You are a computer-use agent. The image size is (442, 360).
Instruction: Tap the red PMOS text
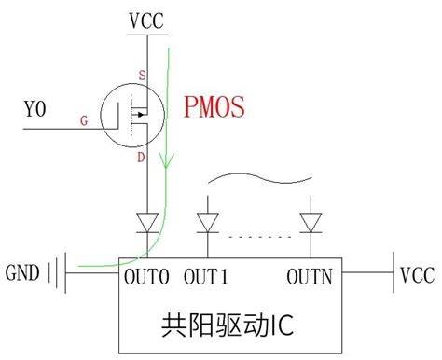point(214,108)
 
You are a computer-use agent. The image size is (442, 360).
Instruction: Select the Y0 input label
point(35,111)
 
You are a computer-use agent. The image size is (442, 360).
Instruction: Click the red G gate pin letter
point(85,121)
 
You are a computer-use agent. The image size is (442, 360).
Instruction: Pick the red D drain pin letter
point(140,159)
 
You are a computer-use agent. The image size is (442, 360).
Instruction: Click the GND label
point(24,274)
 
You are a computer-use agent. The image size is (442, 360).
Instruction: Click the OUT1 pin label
point(207,277)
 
